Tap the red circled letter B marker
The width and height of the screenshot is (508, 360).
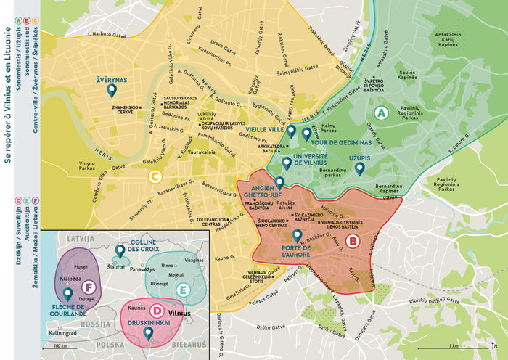(352, 241)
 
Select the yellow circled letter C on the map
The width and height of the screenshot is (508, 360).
(154, 176)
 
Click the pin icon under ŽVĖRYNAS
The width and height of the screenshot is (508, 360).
(112, 90)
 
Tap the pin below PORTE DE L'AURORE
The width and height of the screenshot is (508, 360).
(296, 236)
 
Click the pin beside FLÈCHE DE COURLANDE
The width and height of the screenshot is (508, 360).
(67, 295)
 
